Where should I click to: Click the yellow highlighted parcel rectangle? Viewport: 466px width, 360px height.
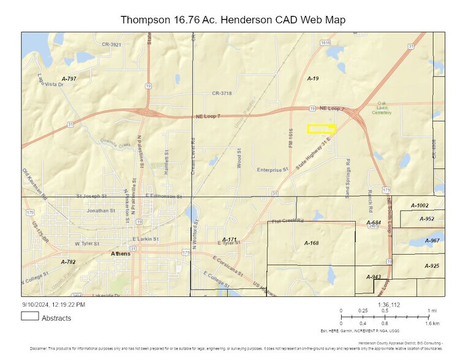tap(321, 129)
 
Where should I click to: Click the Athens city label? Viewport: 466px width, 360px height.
tap(120, 253)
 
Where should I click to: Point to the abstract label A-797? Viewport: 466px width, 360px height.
tap(69, 79)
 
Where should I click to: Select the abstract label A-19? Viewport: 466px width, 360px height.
tap(313, 80)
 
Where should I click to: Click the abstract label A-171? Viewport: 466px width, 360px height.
tap(229, 239)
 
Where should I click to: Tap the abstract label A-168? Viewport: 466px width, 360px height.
tap(312, 243)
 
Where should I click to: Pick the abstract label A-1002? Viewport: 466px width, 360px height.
tap(420, 206)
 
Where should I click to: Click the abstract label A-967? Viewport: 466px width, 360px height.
tap(432, 241)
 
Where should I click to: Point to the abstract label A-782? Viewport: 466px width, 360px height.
tap(68, 261)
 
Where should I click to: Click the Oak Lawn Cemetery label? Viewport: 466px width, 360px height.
tap(383, 108)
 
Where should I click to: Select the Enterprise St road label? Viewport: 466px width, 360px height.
tap(272, 170)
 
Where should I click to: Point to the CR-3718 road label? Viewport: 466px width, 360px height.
tap(222, 93)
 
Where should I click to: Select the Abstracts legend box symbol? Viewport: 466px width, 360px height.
tap(30, 317)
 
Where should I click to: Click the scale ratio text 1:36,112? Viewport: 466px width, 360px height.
tap(388, 304)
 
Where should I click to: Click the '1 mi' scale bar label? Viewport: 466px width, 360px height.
tap(432, 310)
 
